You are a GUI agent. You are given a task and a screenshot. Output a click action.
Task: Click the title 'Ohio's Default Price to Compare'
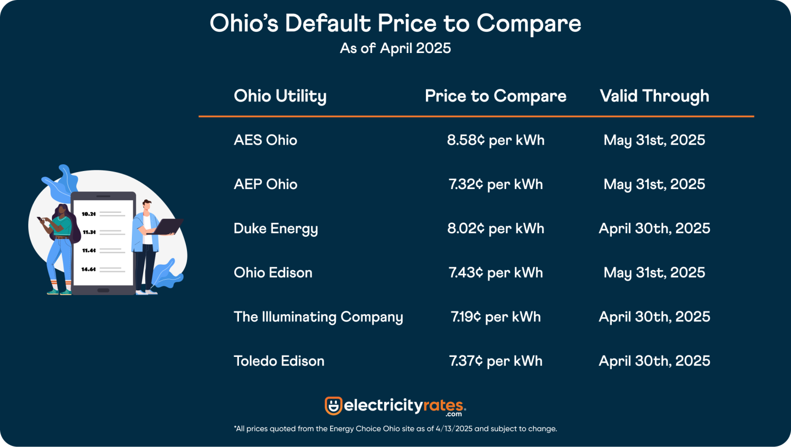tap(395, 24)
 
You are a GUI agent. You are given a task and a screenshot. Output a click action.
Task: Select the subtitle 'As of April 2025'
tap(395, 48)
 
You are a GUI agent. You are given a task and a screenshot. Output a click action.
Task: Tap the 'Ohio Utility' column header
tap(280, 96)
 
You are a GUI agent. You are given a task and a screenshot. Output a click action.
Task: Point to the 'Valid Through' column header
tap(654, 96)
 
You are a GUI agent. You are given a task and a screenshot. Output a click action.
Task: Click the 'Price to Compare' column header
tap(495, 96)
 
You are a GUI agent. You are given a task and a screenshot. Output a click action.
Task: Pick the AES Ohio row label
tap(265, 140)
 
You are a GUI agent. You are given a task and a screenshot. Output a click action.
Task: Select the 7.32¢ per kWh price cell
tap(495, 184)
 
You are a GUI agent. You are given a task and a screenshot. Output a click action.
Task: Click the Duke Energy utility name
tap(276, 229)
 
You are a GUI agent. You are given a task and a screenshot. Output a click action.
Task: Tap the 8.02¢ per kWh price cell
tap(495, 229)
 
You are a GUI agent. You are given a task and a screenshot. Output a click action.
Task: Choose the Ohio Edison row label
tap(273, 273)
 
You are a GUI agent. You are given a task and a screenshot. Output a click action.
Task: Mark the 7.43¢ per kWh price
tap(495, 273)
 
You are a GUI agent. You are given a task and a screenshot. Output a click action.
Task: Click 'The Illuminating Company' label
tap(318, 317)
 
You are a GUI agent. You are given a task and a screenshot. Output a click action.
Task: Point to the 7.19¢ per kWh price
tap(495, 317)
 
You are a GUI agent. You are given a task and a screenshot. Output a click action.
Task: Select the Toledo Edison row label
tap(279, 361)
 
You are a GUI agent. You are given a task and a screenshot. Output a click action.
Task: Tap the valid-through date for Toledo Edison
tap(654, 361)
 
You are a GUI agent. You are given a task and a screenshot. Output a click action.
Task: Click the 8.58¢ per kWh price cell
tap(495, 140)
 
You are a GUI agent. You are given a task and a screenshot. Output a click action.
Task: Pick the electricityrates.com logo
tap(395, 406)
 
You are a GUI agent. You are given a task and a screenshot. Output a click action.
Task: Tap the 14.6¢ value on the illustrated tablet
tap(89, 269)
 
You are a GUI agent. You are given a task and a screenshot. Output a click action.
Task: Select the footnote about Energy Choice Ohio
tap(395, 428)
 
